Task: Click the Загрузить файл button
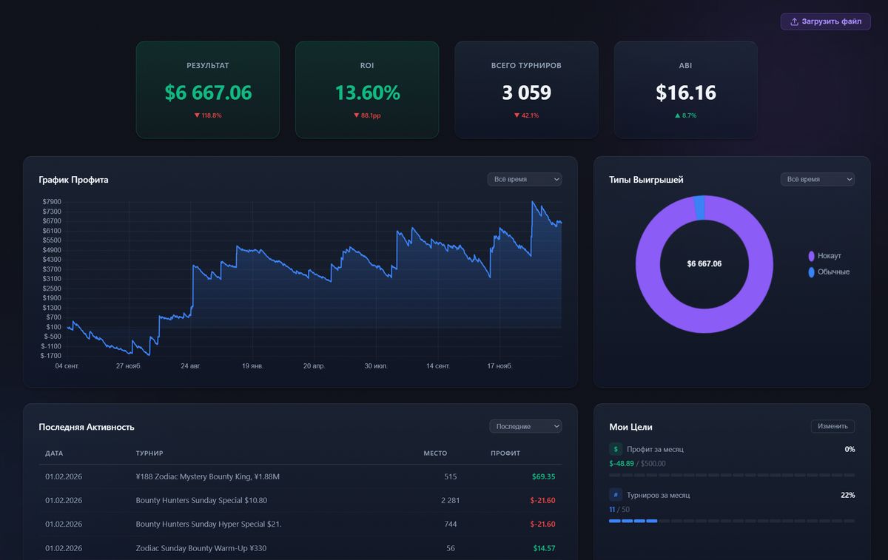pyautogui.click(x=825, y=21)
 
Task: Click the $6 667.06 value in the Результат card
pyautogui.click(x=208, y=93)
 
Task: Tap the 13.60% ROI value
pyautogui.click(x=367, y=93)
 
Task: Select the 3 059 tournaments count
pyautogui.click(x=526, y=93)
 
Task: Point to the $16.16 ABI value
pyautogui.click(x=685, y=93)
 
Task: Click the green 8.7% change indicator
pyautogui.click(x=685, y=115)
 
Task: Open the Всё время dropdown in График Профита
pyautogui.click(x=524, y=180)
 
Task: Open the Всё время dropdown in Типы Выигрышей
pyautogui.click(x=817, y=180)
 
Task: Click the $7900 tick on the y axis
pyautogui.click(x=52, y=202)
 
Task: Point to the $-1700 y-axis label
pyautogui.click(x=51, y=356)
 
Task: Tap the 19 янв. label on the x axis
pyautogui.click(x=252, y=366)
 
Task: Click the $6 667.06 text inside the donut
pyautogui.click(x=704, y=264)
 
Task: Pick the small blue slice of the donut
pyautogui.click(x=699, y=208)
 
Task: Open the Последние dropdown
pyautogui.click(x=525, y=426)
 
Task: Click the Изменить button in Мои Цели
pyautogui.click(x=832, y=426)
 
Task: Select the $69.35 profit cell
pyautogui.click(x=543, y=476)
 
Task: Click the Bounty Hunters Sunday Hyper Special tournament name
pyautogui.click(x=209, y=524)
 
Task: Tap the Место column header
pyautogui.click(x=435, y=453)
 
